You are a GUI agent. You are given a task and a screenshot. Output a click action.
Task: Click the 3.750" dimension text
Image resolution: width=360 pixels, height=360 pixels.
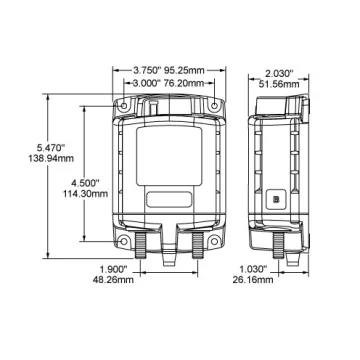[x=147, y=70]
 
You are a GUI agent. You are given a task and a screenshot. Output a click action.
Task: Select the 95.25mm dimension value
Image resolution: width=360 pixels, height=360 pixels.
[x=184, y=70]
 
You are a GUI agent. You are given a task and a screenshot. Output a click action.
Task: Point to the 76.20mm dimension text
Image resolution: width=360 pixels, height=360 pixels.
[x=184, y=83]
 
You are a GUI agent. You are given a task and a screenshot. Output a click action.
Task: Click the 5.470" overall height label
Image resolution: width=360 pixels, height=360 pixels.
[x=52, y=147]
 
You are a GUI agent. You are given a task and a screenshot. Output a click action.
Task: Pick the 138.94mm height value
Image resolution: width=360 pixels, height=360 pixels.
[x=51, y=158]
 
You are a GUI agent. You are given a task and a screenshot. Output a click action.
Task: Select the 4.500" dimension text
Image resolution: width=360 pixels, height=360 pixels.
[x=85, y=182]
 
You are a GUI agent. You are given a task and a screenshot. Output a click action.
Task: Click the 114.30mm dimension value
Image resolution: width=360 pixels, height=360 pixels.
[x=86, y=193]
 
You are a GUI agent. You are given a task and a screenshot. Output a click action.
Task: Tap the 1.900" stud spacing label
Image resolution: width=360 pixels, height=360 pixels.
[x=114, y=268]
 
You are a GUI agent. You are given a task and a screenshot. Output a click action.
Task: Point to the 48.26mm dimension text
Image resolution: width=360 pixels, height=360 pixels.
[x=113, y=279]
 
